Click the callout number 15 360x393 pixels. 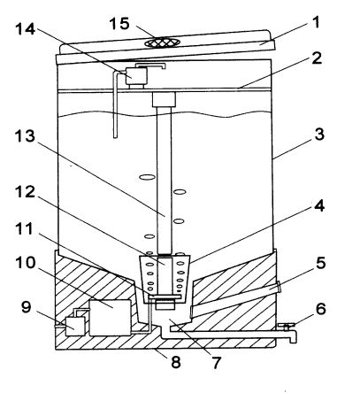pos(119,24)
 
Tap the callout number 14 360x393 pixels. pos(26,30)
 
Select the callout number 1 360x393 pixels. pos(316,23)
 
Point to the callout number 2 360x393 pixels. pos(317,58)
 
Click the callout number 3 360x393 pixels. pos(319,135)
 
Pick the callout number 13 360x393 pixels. pos(25,136)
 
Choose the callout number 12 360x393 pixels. pos(25,192)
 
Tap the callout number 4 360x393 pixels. pos(319,206)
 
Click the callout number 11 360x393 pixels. pos(24,229)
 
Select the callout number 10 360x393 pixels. pos(26,263)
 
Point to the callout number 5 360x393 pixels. pos(320,263)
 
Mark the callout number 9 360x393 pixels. pos(26,307)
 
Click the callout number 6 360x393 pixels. pos(320,309)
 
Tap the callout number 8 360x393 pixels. pos(176,362)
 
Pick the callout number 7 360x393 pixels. pos(216,363)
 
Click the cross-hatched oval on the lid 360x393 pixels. pos(162,43)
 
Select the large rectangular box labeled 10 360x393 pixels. pos(110,318)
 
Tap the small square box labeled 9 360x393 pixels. pos(75,327)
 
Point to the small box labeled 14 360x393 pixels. pos(136,76)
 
